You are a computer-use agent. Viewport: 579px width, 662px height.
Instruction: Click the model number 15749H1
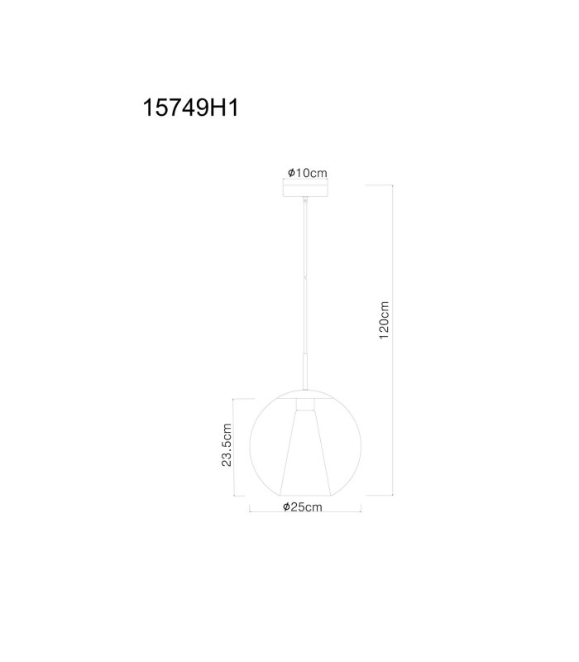pyautogui.click(x=191, y=108)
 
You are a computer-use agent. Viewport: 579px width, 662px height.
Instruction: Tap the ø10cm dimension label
pyautogui.click(x=307, y=173)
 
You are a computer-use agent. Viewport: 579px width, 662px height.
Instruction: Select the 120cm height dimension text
pyautogui.click(x=384, y=320)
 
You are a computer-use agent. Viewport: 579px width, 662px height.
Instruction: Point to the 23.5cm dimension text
pyautogui.click(x=227, y=444)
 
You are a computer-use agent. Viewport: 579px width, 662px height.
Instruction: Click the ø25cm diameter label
pyautogui.click(x=303, y=506)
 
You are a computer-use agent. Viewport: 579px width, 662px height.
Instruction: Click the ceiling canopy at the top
pyautogui.click(x=305, y=189)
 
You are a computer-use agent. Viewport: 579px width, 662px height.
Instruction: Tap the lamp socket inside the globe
pyautogui.click(x=305, y=405)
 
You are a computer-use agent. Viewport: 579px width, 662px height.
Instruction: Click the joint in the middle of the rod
pyautogui.click(x=305, y=276)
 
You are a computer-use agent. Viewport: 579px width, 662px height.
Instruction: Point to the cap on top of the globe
pyautogui.click(x=305, y=394)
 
